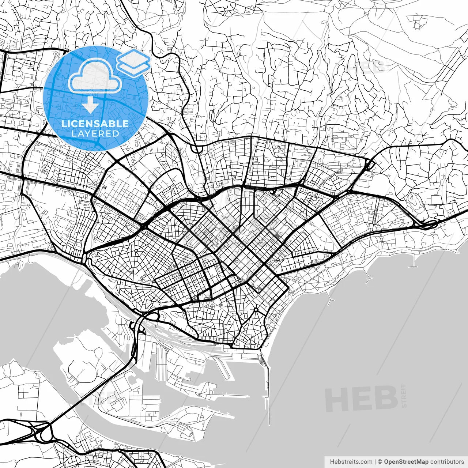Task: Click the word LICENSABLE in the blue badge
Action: tap(95, 124)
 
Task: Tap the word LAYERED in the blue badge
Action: tap(95, 133)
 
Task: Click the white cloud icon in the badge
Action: tap(95, 76)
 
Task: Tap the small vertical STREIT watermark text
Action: tap(404, 395)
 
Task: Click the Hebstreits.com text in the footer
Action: tap(351, 462)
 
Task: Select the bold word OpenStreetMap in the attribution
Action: tap(406, 462)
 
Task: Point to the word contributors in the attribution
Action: tap(447, 462)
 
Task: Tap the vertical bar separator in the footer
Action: tap(375, 462)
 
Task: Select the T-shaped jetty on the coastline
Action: tap(413, 263)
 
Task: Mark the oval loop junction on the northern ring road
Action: tap(197, 149)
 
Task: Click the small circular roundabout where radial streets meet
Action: tap(256, 310)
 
